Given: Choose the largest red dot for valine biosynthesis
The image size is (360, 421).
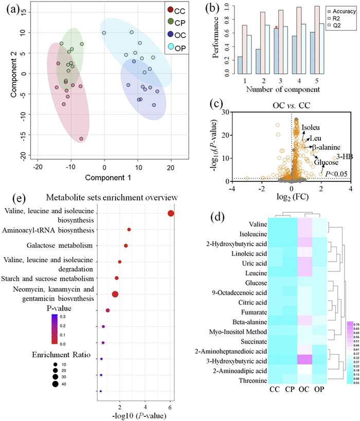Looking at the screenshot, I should click(171, 213).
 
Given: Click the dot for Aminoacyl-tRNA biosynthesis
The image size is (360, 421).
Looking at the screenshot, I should click(129, 229).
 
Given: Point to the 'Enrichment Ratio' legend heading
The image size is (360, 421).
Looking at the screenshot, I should click(42, 355).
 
